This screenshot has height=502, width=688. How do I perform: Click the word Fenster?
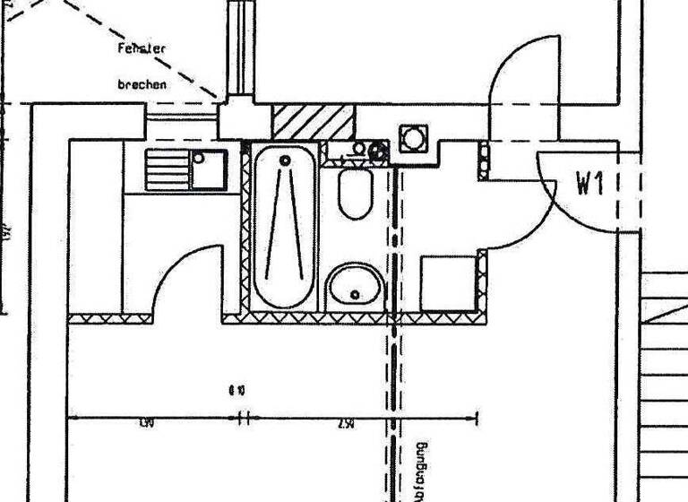coord(142,49)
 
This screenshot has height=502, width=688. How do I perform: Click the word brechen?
coord(142,85)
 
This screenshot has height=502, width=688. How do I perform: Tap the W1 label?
coord(591,185)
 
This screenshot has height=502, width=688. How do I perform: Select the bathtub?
coord(285,227)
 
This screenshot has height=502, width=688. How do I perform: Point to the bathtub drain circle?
coord(285,161)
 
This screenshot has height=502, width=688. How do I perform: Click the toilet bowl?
coord(356,195)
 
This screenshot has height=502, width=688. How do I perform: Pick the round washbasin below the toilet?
coord(355,287)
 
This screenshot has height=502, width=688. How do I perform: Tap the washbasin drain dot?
coord(356,294)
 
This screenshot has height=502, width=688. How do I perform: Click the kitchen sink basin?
coord(209,169)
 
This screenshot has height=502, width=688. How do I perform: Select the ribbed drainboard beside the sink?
coord(168,169)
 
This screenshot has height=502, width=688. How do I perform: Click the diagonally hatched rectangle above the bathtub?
coord(313,122)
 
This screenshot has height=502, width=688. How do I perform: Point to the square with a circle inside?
coord(414,139)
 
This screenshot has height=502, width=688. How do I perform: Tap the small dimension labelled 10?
coord(236,390)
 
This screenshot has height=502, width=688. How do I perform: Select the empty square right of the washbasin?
coord(448,283)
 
